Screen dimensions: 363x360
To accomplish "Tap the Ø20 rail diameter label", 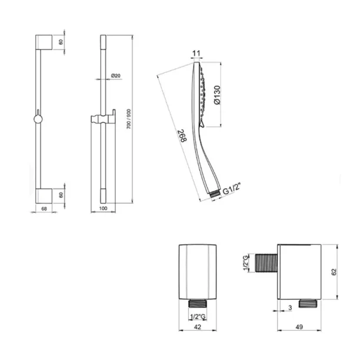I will click(x=116, y=75).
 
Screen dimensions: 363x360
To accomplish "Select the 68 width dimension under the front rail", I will click(x=44, y=209).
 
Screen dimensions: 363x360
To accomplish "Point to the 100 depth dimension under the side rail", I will click(x=104, y=209).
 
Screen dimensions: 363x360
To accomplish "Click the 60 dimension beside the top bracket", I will click(x=61, y=42).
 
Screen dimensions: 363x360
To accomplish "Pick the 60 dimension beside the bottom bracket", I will click(x=61, y=195).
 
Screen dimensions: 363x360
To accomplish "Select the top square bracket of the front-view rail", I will click(x=44, y=42).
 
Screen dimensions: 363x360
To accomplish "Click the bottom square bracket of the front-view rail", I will click(x=44, y=195).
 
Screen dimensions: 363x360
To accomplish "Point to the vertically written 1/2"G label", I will click(x=246, y=262).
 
